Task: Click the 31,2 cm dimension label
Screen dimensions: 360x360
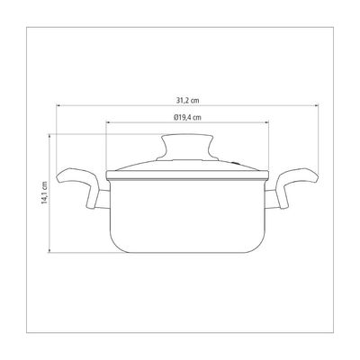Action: coord(187,101)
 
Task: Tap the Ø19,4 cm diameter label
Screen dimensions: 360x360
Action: coord(187,117)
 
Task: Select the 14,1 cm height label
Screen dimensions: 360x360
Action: coord(45,193)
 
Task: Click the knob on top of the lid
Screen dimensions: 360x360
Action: coord(187,147)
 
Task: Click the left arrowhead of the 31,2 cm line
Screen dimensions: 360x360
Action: coord(58,105)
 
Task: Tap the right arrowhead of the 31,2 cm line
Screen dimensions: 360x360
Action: coord(316,105)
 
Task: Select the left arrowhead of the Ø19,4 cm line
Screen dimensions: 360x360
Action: coord(109,122)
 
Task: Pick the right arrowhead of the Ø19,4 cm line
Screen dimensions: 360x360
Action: coord(266,122)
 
